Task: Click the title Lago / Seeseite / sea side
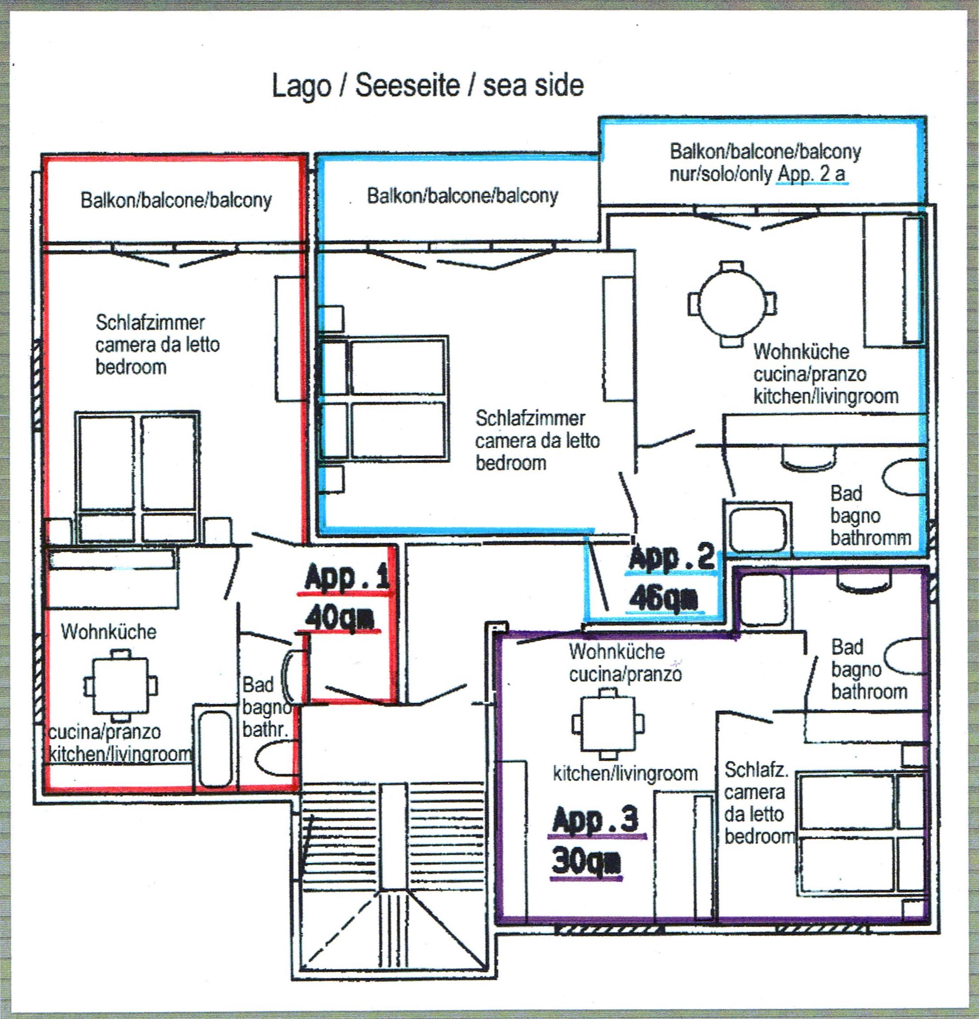click(x=428, y=86)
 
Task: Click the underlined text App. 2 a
click(x=812, y=174)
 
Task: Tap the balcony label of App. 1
click(x=176, y=200)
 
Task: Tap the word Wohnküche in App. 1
click(x=109, y=632)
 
